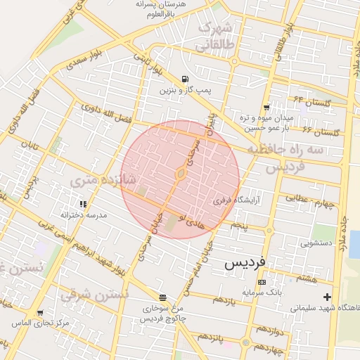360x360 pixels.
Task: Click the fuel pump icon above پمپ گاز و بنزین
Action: point(184,79)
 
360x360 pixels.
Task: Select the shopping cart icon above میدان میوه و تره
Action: point(265,107)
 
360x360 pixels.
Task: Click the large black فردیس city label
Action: point(245,263)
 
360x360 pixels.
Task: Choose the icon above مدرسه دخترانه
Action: point(83,204)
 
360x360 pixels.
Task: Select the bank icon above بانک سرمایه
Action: point(262,282)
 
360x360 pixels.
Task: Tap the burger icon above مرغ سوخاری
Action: point(162,297)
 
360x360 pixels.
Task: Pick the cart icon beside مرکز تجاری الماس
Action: point(40,313)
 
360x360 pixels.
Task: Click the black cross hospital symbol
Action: point(327,297)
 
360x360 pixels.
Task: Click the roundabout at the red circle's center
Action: point(181,173)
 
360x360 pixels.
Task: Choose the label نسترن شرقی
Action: point(94,294)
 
